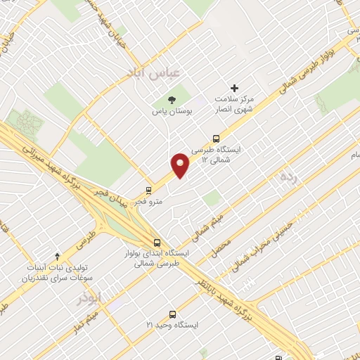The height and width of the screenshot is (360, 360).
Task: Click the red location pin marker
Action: [181, 165]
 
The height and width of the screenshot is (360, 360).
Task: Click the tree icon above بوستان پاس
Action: [172, 98]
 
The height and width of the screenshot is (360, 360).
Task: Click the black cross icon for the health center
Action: [235, 88]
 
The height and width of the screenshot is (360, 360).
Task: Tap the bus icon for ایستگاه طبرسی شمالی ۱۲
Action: [215, 139]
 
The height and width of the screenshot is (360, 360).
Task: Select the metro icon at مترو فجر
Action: [148, 190]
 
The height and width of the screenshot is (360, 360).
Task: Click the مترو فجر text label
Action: [150, 202]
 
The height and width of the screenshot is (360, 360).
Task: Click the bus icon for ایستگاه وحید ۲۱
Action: [173, 314]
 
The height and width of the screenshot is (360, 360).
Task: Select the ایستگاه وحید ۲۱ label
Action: [172, 326]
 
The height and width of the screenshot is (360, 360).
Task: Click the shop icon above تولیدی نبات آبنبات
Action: [58, 257]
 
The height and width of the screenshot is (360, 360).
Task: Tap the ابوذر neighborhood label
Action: [90, 298]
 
